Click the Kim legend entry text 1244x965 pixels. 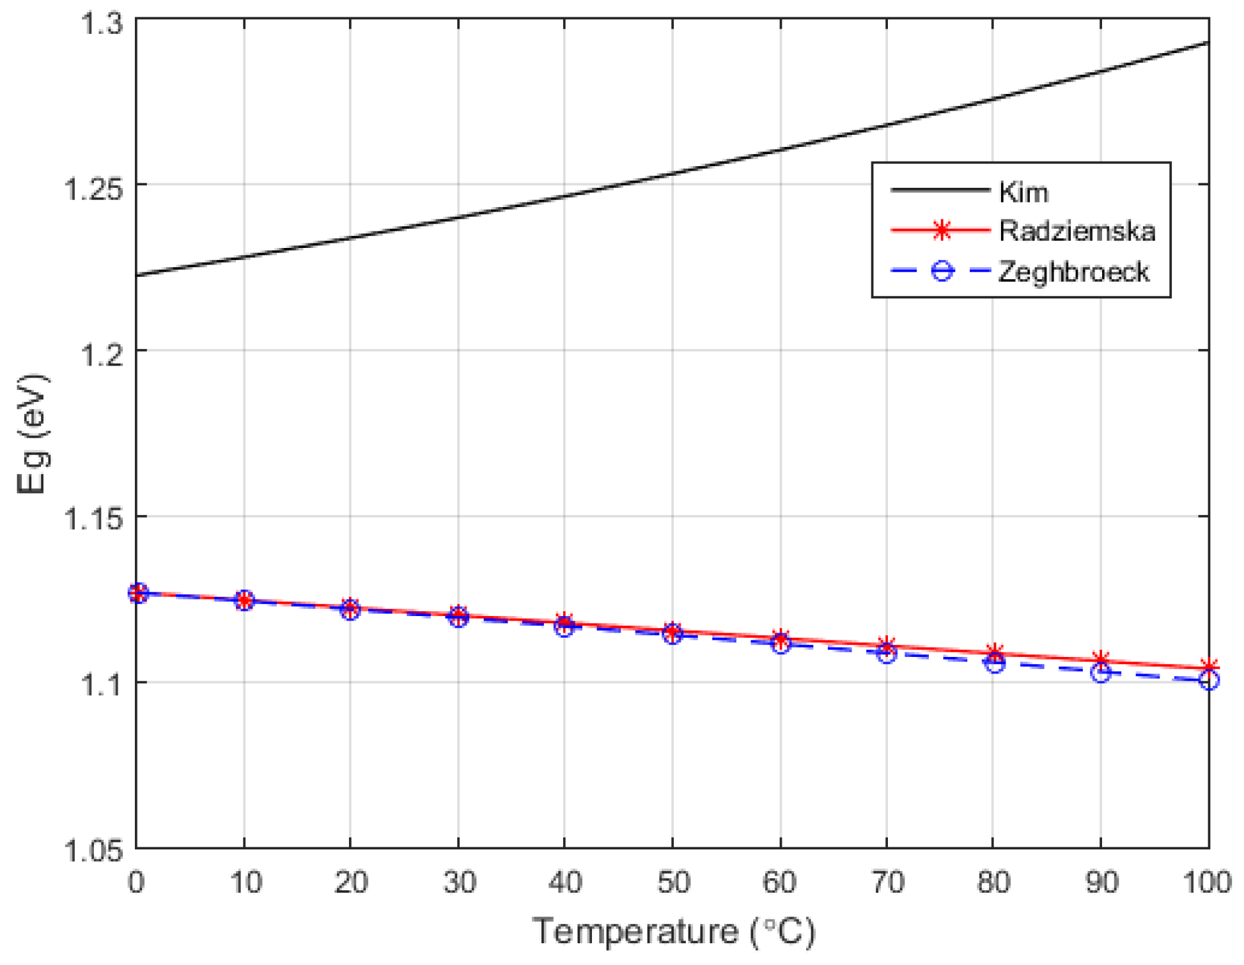[x=1023, y=192]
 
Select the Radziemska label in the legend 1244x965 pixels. [x=1077, y=231]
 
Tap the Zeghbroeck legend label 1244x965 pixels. [x=1073, y=272]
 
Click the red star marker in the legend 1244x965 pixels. [x=941, y=230]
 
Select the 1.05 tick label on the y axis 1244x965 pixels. [x=93, y=851]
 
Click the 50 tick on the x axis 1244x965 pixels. [x=673, y=883]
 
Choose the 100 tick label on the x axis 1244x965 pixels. [x=1206, y=883]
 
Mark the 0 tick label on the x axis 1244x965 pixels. [x=136, y=883]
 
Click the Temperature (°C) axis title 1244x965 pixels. [x=674, y=931]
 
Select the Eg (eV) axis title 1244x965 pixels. [x=31, y=434]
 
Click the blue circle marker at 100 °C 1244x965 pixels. [x=1208, y=680]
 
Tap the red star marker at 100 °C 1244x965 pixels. [x=1208, y=667]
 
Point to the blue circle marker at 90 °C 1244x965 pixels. [x=1100, y=672]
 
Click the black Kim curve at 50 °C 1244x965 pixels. [x=673, y=173]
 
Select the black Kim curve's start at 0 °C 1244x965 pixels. [x=137, y=275]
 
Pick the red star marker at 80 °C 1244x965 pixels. [x=993, y=652]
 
